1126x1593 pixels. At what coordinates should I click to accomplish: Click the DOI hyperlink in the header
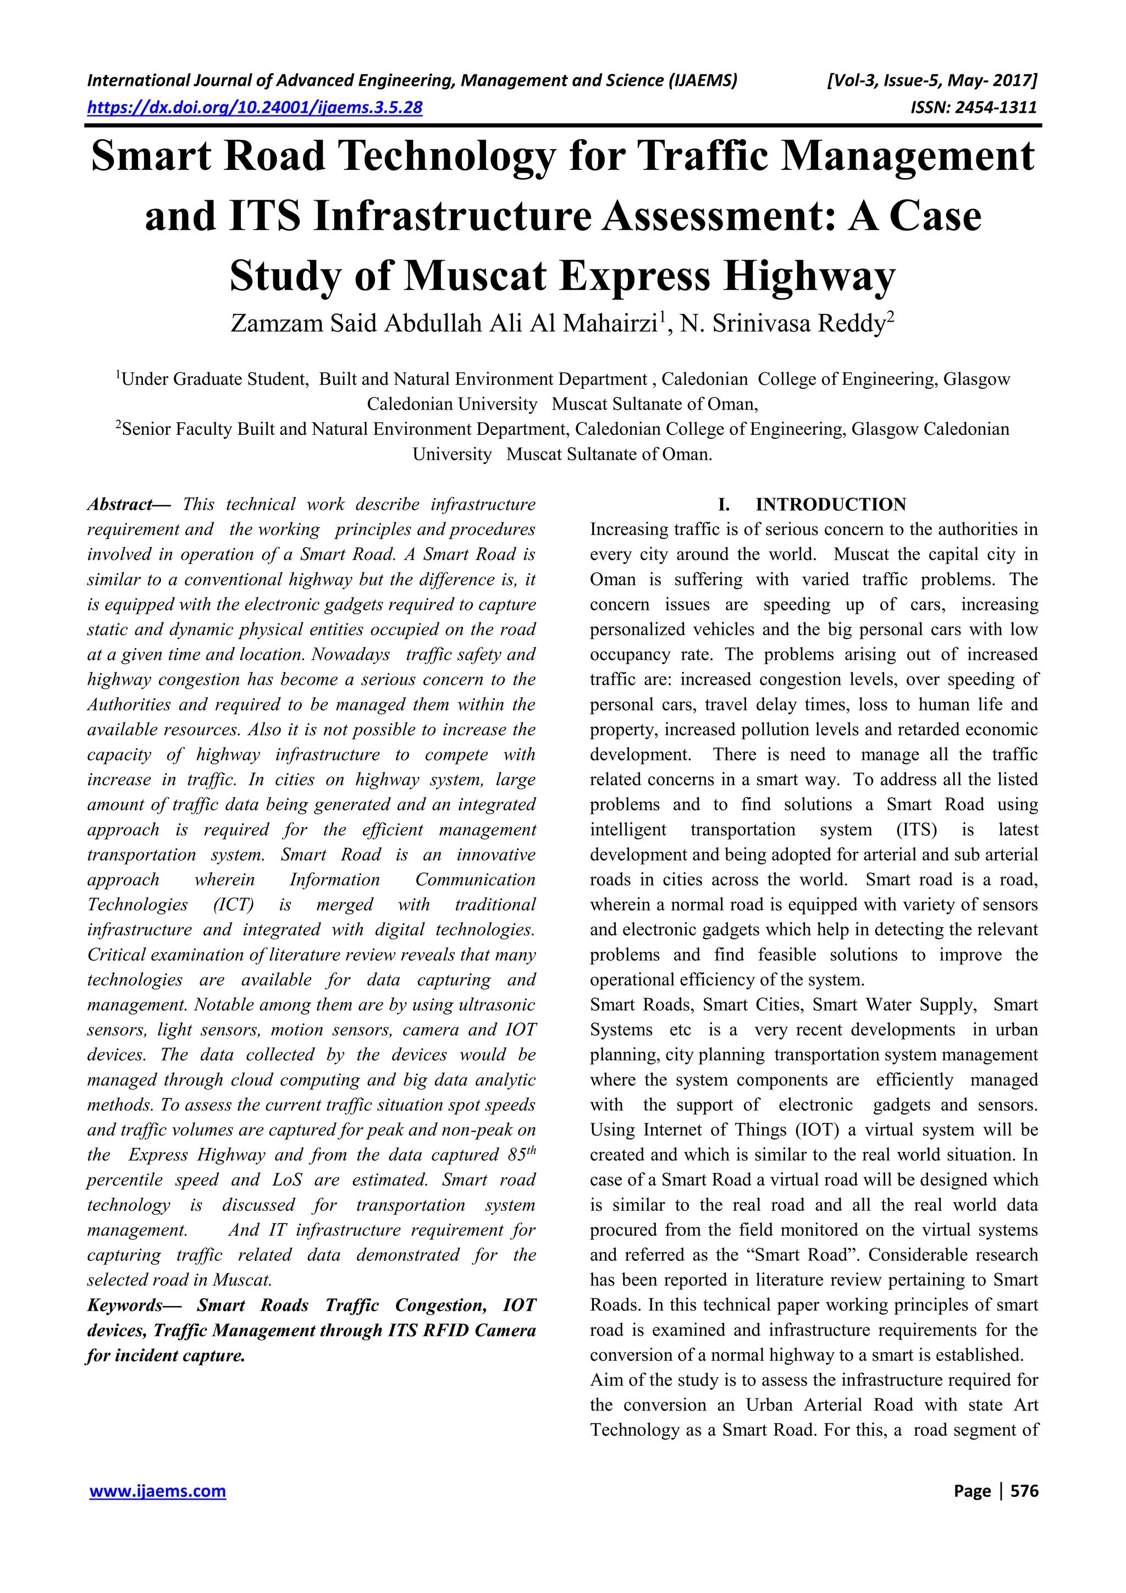click(x=255, y=108)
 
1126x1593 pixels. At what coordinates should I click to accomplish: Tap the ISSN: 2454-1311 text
click(x=973, y=108)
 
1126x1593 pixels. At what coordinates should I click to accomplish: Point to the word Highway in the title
click(x=809, y=276)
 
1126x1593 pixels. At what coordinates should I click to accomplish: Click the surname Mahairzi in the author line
click(x=609, y=324)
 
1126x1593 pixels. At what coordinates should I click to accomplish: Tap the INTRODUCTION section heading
click(x=830, y=504)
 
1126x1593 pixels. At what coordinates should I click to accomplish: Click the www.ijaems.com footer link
click(x=157, y=1491)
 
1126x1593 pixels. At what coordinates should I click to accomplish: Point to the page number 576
click(x=1024, y=1491)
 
